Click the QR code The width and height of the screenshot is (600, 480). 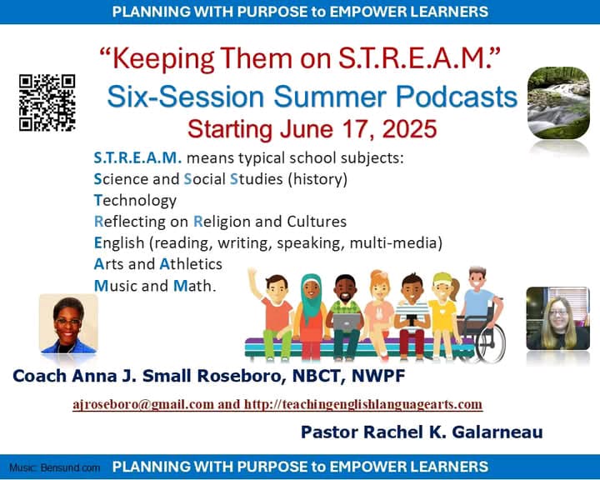click(47, 102)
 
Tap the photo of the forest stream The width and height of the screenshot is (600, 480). click(558, 103)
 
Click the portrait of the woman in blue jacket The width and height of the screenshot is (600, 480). click(68, 323)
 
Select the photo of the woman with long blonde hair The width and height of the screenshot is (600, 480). click(557, 318)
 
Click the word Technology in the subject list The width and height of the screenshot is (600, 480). click(135, 201)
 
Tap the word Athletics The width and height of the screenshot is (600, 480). click(191, 264)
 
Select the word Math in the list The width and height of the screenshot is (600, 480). click(194, 286)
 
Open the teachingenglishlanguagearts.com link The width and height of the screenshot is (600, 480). click(363, 405)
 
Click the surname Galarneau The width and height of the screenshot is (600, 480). click(497, 432)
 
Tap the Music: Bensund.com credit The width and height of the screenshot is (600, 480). click(55, 467)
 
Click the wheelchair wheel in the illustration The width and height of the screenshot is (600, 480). click(491, 343)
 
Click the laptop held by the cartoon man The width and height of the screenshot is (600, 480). click(347, 322)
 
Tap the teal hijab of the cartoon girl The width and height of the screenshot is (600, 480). click(311, 297)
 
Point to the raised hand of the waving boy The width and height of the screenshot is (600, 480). click(252, 274)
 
